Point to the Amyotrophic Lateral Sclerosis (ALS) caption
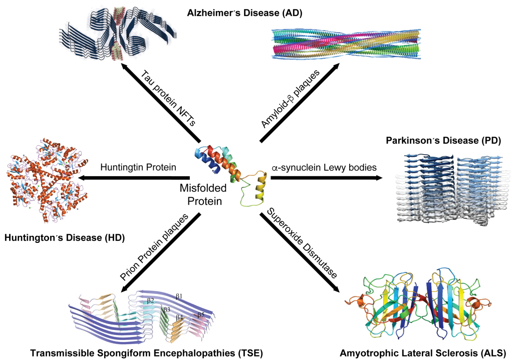tap(422, 351)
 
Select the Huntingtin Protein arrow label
tap(138, 167)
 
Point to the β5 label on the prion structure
tap(201, 315)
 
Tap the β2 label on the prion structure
tap(150, 300)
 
